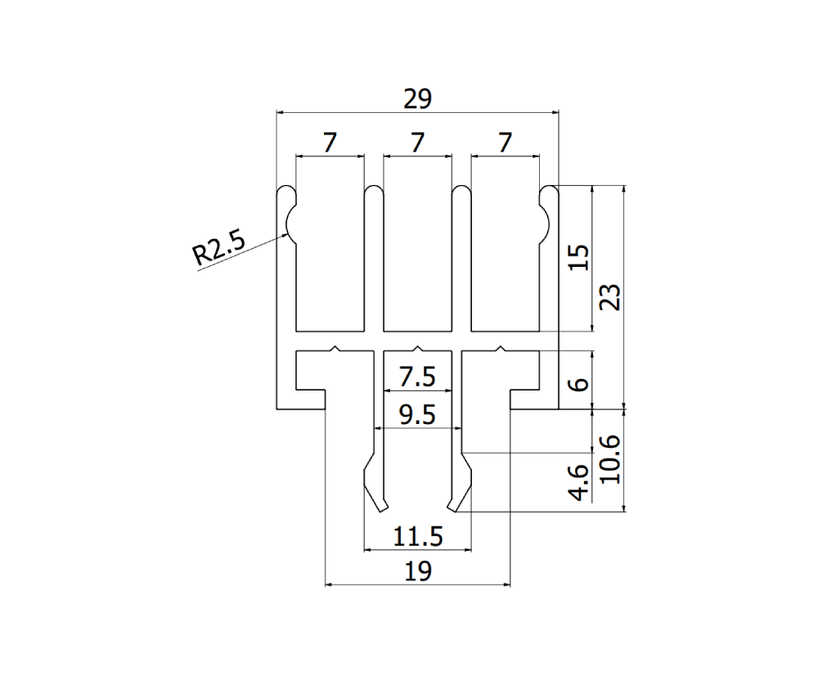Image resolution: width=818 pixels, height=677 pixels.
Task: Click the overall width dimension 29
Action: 417,99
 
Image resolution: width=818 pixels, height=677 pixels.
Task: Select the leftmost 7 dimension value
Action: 329,142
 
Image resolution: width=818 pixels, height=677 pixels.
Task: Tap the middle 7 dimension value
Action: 417,142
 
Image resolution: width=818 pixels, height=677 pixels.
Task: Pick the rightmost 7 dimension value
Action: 505,142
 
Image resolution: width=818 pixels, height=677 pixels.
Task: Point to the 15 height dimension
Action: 578,258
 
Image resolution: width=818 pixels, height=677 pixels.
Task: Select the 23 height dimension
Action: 611,296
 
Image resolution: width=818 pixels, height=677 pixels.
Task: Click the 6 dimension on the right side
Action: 578,385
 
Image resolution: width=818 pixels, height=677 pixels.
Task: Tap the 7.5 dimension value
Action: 417,378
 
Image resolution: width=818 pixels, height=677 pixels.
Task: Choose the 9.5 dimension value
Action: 417,416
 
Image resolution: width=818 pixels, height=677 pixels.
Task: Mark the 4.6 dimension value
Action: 578,482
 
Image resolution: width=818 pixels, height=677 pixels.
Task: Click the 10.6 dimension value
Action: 611,459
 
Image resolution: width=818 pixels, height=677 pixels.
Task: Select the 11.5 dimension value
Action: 417,537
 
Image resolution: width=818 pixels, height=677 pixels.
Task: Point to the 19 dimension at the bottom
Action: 417,571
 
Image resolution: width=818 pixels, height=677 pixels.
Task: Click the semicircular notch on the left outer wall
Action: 290,221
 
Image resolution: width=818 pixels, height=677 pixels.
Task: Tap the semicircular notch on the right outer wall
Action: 544,221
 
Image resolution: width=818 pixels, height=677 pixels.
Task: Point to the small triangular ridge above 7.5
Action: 417,348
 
